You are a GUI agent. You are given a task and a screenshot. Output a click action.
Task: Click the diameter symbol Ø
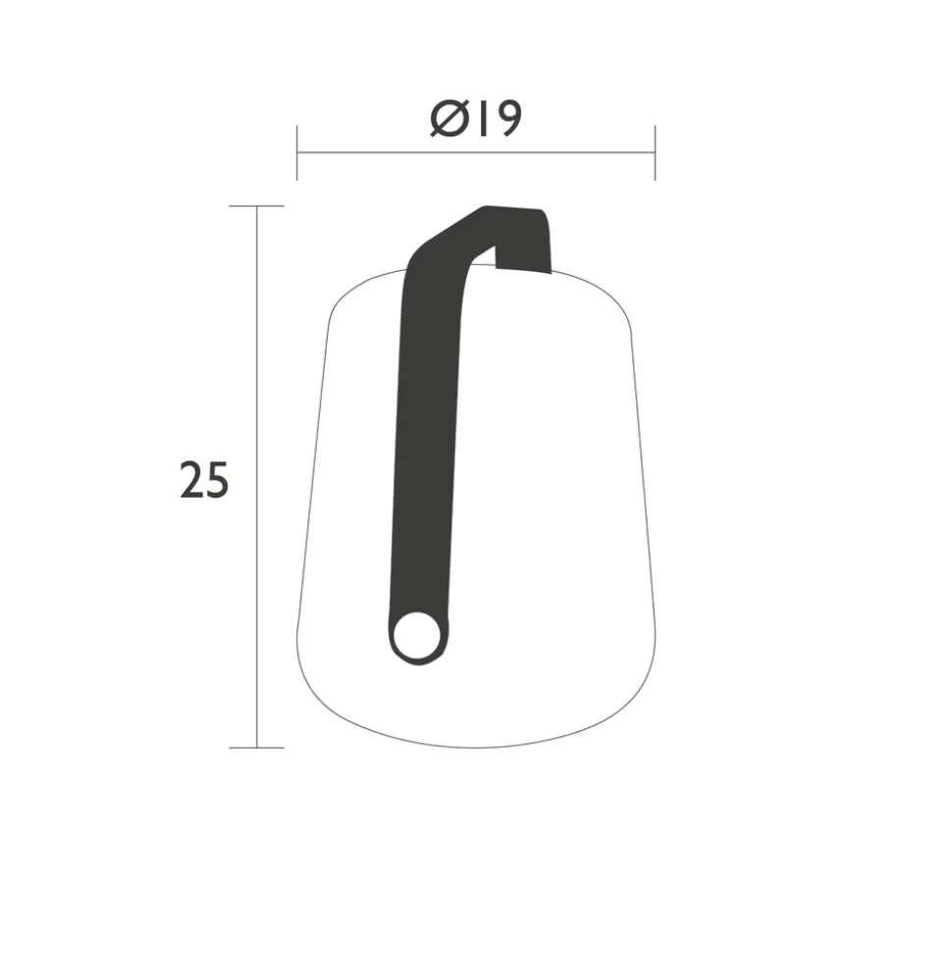click(x=450, y=119)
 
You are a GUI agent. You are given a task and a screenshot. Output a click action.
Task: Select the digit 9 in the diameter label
click(x=507, y=119)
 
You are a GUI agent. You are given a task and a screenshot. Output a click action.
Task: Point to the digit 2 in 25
click(x=191, y=480)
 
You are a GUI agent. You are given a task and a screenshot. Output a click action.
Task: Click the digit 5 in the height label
click(x=217, y=481)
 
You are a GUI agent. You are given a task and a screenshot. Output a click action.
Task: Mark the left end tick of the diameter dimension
click(x=296, y=152)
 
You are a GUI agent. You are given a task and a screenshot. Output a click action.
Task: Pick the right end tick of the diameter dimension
click(x=655, y=152)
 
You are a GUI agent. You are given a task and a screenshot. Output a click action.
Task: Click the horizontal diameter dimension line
click(x=476, y=152)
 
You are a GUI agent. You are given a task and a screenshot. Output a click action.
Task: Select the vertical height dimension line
click(x=256, y=477)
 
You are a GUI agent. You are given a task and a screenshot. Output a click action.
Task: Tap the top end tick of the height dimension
click(x=256, y=206)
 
